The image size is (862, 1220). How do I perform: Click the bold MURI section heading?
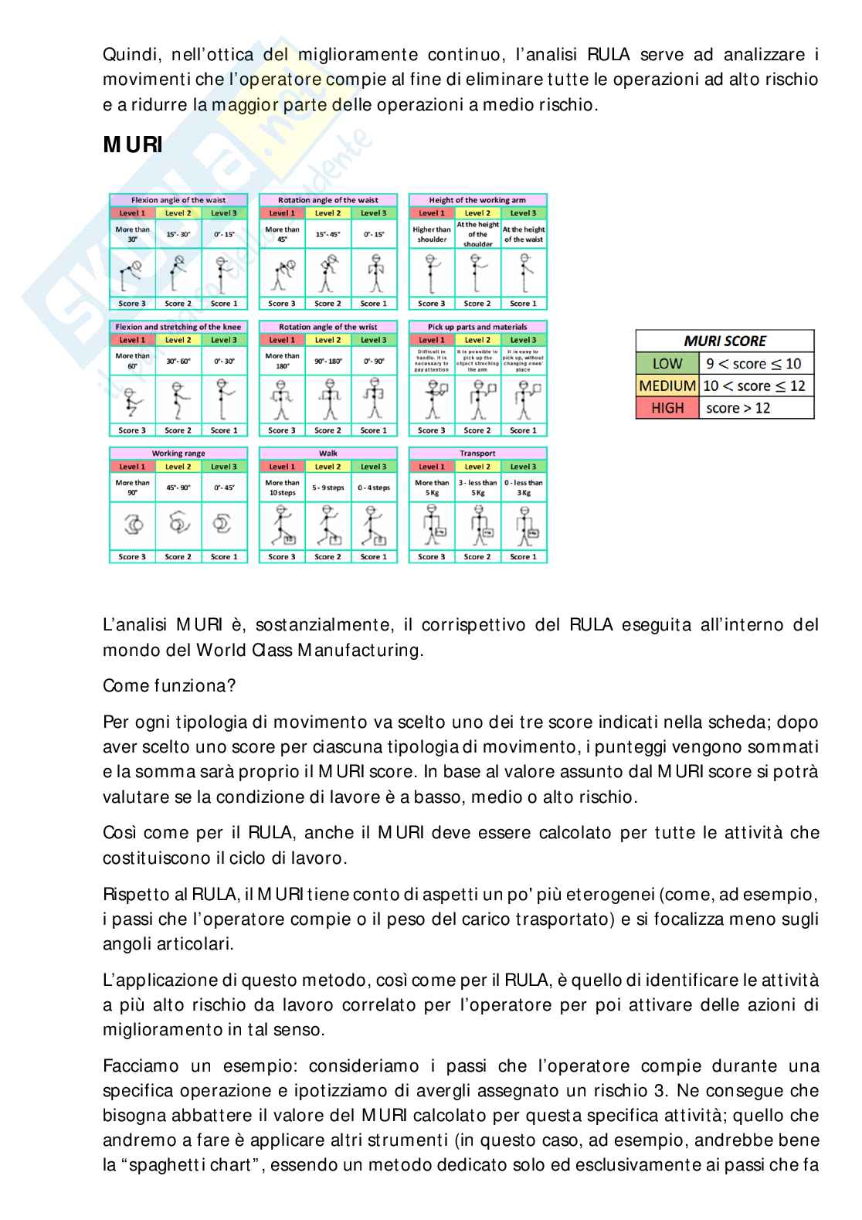pos(133,145)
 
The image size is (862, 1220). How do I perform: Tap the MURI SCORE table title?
pos(725,341)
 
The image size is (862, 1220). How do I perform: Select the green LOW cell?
pos(667,363)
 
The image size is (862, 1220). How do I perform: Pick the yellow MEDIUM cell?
pos(667,386)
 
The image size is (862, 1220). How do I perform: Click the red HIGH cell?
pos(667,408)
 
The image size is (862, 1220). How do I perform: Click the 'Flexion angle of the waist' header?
pos(178,200)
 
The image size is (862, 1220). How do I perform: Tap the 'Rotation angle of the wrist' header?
pos(328,327)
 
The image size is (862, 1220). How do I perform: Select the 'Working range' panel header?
pos(178,454)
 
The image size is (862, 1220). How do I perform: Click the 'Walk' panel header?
pos(328,454)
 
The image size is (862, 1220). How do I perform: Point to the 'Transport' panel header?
pos(477,454)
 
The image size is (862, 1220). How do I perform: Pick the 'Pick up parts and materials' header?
pos(477,327)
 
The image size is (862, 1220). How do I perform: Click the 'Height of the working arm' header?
pos(477,200)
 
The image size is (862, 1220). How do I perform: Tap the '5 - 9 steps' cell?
pos(328,488)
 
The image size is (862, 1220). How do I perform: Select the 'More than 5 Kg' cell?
pos(432,488)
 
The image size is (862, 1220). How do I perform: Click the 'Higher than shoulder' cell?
pos(432,234)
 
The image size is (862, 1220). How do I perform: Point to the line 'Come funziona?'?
pos(169,685)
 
